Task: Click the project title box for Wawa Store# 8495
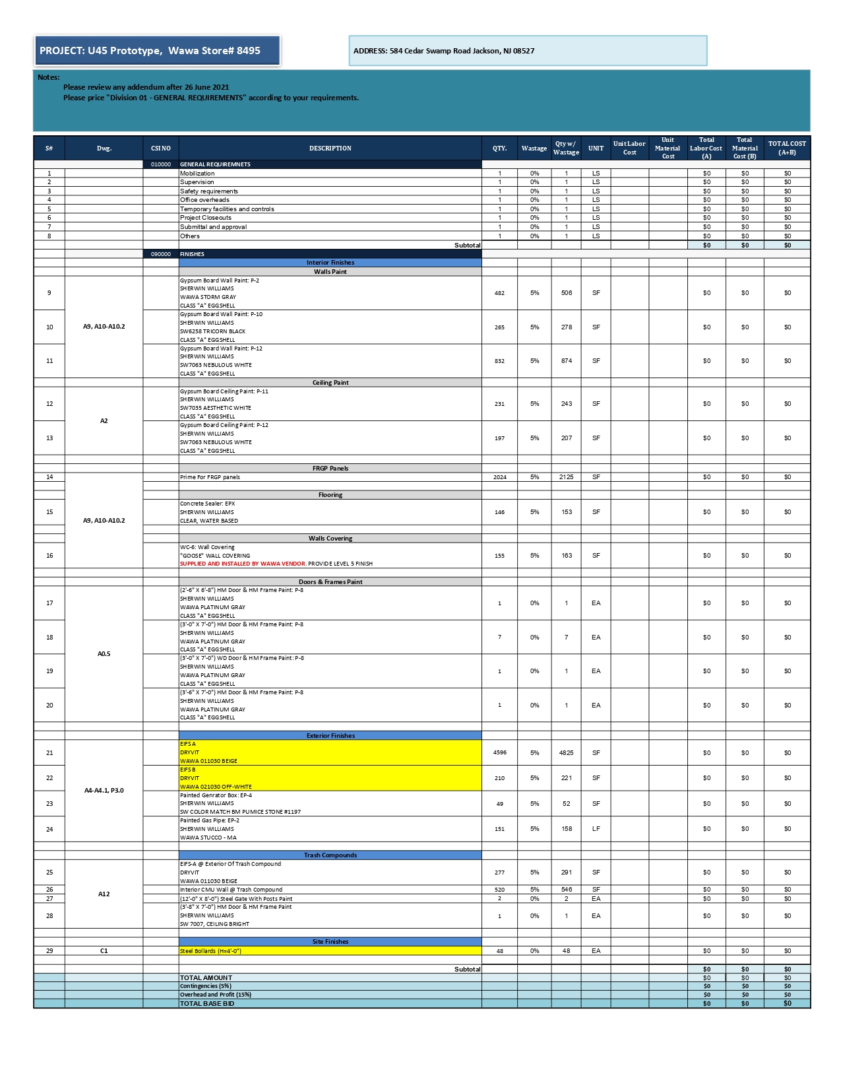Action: (x=157, y=51)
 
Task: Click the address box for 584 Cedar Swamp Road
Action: (x=527, y=51)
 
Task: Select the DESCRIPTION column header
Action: (x=330, y=148)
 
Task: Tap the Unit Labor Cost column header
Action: (x=629, y=148)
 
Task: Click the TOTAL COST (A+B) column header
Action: (x=787, y=148)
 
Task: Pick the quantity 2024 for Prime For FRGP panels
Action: (x=499, y=477)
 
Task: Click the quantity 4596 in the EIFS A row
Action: (x=499, y=752)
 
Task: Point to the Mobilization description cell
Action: (x=198, y=174)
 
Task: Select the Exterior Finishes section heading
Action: (x=330, y=736)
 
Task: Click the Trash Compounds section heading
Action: (x=330, y=855)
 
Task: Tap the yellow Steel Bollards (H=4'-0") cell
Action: (x=211, y=951)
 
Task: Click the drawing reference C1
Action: (x=104, y=951)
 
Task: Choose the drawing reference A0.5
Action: (x=104, y=654)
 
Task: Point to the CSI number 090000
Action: (x=160, y=254)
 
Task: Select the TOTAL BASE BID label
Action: (x=207, y=1004)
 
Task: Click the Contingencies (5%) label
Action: (x=206, y=986)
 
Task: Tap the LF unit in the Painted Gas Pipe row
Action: (x=596, y=829)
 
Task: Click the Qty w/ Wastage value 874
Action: (x=566, y=361)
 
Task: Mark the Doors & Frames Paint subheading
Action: (x=330, y=582)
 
